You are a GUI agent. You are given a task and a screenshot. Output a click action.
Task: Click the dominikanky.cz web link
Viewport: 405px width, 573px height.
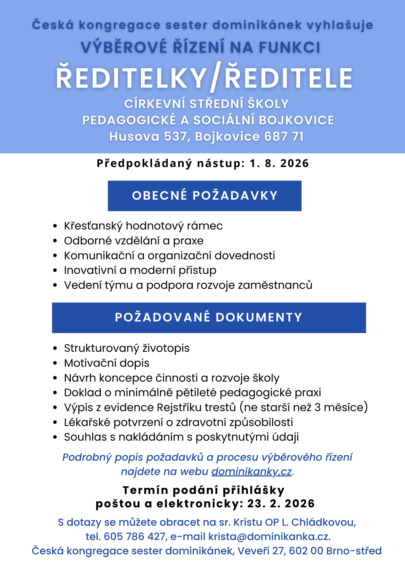click(251, 472)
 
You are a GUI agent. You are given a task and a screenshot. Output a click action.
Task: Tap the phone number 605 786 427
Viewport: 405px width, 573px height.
click(135, 536)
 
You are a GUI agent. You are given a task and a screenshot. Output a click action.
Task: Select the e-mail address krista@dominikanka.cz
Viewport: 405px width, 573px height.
click(269, 536)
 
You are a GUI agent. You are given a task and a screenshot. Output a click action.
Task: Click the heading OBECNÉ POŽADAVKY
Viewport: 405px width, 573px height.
click(205, 196)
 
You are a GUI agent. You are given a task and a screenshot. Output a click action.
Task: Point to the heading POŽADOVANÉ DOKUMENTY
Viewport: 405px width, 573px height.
click(209, 317)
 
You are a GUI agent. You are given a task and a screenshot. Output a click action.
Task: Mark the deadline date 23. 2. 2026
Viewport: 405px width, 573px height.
click(281, 504)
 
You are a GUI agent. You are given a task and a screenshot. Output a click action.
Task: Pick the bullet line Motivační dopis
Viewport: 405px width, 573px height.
click(107, 363)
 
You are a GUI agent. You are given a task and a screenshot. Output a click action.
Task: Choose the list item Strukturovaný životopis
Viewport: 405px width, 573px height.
click(127, 348)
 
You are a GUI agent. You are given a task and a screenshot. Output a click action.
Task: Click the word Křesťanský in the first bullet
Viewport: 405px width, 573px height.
click(93, 226)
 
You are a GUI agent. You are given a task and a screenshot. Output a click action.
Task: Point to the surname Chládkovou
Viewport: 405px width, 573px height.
click(323, 522)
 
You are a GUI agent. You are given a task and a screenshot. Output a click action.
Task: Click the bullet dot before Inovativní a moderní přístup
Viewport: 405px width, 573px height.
click(55, 270)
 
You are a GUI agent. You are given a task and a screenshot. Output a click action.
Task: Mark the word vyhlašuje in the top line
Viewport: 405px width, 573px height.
click(340, 25)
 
